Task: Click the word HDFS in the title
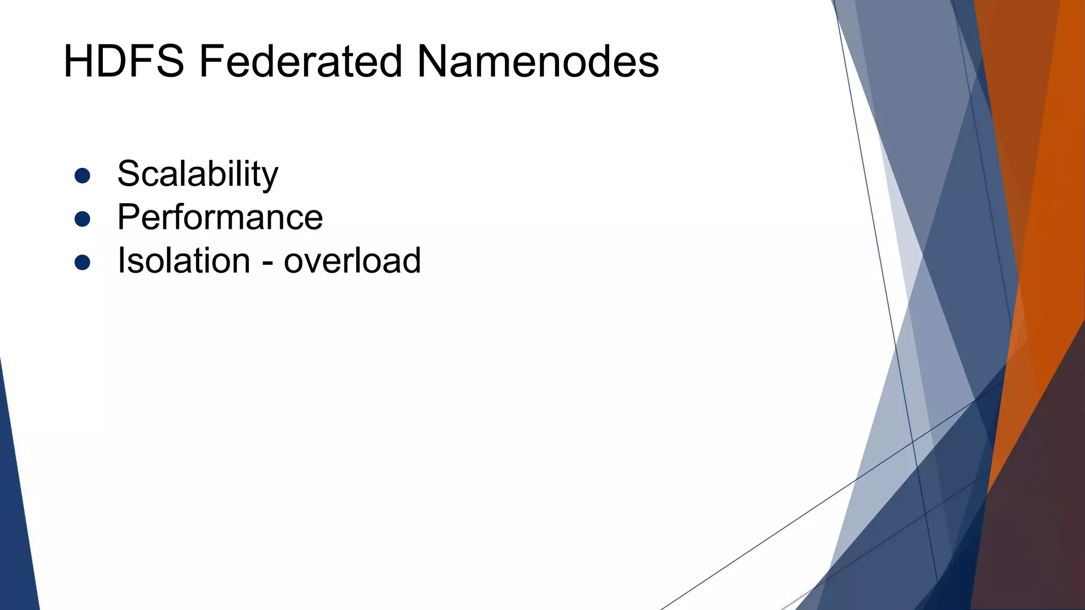click(x=123, y=61)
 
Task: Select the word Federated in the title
click(x=301, y=61)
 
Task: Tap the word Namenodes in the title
click(x=538, y=61)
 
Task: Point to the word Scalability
click(x=198, y=174)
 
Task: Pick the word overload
click(x=352, y=261)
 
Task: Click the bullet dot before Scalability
click(x=82, y=176)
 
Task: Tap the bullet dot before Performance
click(x=82, y=219)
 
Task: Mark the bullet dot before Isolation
click(x=82, y=262)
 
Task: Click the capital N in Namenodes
click(x=435, y=61)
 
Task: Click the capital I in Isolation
click(x=121, y=261)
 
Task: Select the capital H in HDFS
click(x=79, y=61)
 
